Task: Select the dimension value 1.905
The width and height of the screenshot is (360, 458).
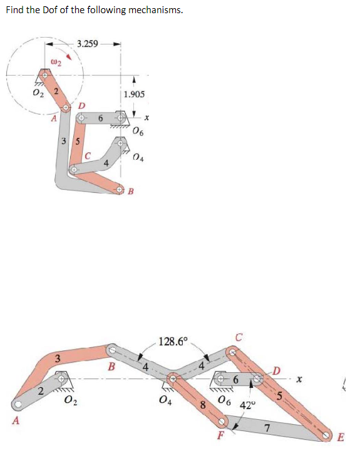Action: [134, 94]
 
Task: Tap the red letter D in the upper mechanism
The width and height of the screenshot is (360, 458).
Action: [82, 105]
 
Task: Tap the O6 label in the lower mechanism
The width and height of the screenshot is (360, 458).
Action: [224, 401]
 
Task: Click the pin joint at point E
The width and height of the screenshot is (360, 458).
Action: [327, 435]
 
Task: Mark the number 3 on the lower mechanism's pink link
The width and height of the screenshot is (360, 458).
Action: [57, 359]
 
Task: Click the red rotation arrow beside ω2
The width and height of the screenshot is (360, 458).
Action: [73, 58]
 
